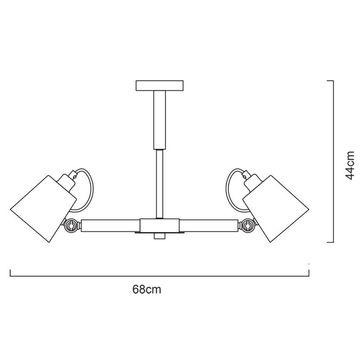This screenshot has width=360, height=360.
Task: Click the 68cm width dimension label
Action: [147, 289]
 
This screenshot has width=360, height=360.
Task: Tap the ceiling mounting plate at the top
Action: [160, 85]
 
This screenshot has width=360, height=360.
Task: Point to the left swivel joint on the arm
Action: [71, 225]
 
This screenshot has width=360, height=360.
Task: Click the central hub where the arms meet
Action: [159, 225]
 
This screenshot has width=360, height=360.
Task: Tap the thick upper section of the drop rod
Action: [160, 119]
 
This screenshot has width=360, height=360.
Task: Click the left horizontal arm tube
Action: [110, 225]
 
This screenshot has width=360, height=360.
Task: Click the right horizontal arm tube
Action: [208, 225]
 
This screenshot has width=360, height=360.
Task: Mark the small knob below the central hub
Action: [159, 237]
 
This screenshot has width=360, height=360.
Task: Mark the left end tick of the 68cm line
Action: [10, 272]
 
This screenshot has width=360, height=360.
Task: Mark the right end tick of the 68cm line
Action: [309, 272]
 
